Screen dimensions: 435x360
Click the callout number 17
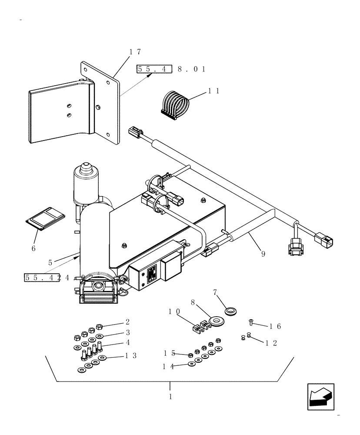pyautogui.click(x=135, y=52)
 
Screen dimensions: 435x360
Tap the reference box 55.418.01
pyautogui.click(x=170, y=69)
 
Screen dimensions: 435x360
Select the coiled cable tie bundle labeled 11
pyautogui.click(x=176, y=104)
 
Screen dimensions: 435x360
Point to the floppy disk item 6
pyautogui.click(x=45, y=217)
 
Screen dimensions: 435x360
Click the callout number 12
pyautogui.click(x=271, y=343)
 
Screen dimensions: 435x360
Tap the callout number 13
pyautogui.click(x=131, y=356)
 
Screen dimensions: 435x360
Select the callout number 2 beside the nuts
pyautogui.click(x=127, y=322)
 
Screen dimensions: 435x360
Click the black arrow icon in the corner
pyautogui.click(x=320, y=396)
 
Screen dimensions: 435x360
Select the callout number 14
pyautogui.click(x=168, y=366)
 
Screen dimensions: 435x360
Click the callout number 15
pyautogui.click(x=169, y=353)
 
